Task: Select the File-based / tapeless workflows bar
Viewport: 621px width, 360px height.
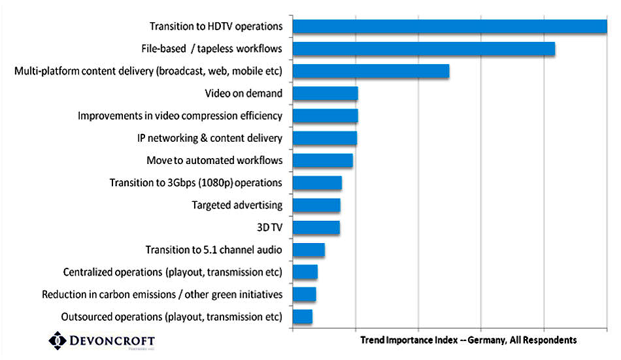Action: (x=424, y=49)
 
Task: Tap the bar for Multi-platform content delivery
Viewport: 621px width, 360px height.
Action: (x=371, y=71)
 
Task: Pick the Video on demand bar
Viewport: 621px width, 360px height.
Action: (x=325, y=93)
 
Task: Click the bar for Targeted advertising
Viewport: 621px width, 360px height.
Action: (x=316, y=205)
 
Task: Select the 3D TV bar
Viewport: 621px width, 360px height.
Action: (x=316, y=227)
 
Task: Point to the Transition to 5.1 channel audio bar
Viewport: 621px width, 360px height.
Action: (x=309, y=250)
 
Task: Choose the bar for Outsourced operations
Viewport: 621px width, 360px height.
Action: (x=303, y=317)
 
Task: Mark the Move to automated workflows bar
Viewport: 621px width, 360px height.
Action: (x=322, y=161)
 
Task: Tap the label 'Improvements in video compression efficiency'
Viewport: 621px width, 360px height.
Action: (x=180, y=116)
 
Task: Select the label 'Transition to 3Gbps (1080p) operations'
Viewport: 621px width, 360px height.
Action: (x=195, y=183)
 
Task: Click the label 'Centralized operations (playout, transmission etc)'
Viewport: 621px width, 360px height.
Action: (x=173, y=272)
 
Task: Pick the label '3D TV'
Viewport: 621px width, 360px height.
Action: (x=269, y=227)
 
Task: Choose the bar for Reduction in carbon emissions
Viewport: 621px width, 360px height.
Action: (x=305, y=295)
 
